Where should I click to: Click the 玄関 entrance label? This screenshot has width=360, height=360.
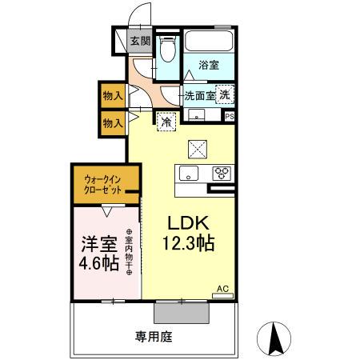(x=140, y=42)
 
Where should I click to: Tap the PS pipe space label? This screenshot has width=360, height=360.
(x=230, y=117)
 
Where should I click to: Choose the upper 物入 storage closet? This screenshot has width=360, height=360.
(x=113, y=95)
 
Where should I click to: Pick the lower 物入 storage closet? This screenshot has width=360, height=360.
(x=113, y=122)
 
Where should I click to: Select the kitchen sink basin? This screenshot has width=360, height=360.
(x=190, y=174)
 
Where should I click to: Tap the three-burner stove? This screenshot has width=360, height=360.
(x=221, y=174)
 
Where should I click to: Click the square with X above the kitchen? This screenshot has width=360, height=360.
(x=198, y=149)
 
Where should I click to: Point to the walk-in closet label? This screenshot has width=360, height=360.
(x=105, y=186)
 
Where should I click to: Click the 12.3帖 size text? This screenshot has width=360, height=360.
(x=190, y=245)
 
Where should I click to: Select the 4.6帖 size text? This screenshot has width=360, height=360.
(x=100, y=263)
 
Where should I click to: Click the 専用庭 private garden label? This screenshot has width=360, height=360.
(x=154, y=337)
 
